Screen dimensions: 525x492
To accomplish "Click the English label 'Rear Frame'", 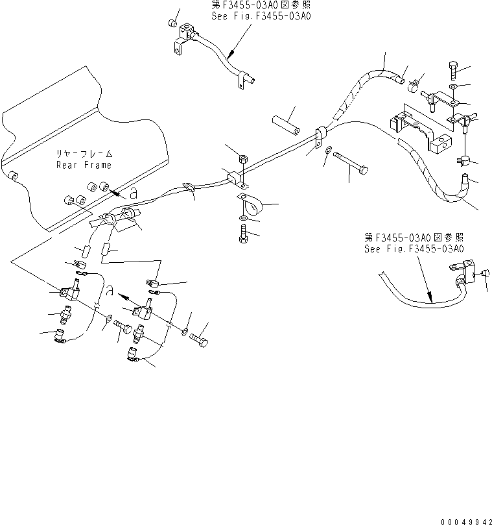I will tap(84, 164).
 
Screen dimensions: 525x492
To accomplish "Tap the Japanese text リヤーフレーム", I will tap(84, 154).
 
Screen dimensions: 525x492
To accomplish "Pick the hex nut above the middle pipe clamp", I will tap(240, 158).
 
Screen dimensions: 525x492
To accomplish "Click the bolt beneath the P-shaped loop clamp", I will tap(243, 236).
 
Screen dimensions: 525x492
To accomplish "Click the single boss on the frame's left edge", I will tap(12, 175).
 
